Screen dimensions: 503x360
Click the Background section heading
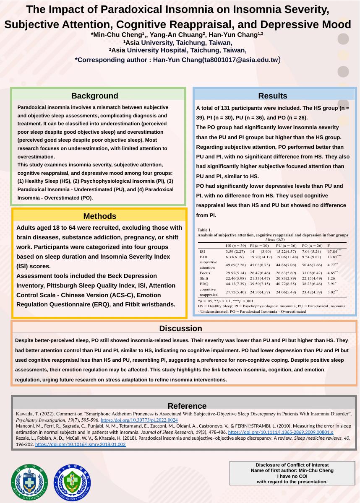[x=94, y=96]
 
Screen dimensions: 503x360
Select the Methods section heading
[x=100, y=216]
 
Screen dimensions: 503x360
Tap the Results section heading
[x=273, y=96]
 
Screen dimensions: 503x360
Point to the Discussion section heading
[x=180, y=329]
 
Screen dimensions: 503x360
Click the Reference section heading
[x=187, y=406]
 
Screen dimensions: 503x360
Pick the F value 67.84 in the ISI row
[x=334, y=251]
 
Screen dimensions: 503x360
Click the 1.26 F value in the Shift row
[x=331, y=278]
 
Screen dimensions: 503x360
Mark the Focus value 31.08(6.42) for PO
[x=312, y=272]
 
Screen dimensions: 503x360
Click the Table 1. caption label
[x=205, y=229]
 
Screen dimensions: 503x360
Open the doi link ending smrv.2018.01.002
[x=80, y=444]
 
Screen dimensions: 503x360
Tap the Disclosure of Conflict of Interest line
[x=292, y=465]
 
